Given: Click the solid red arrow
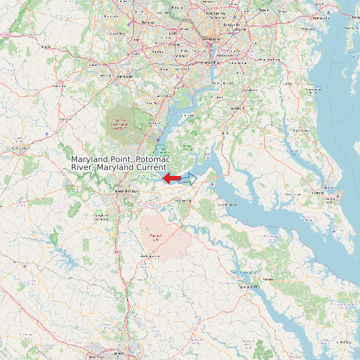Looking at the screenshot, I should (x=171, y=178).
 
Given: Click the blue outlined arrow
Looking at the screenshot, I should (x=189, y=179).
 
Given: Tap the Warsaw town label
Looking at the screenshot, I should (x=268, y=280).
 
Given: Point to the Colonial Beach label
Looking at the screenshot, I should (x=226, y=205).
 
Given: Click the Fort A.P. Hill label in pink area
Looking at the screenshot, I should (x=155, y=237).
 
